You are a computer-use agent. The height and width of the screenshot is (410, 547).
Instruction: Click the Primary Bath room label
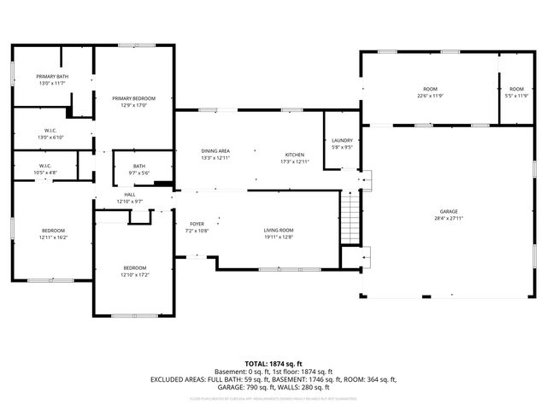(x=52, y=77)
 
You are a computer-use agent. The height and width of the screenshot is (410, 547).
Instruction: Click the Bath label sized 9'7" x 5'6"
(x=138, y=166)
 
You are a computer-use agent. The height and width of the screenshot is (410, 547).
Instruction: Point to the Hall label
(x=130, y=195)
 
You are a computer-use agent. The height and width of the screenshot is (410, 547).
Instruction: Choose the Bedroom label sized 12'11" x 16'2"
(x=53, y=231)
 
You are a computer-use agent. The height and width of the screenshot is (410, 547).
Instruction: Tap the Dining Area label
(x=215, y=150)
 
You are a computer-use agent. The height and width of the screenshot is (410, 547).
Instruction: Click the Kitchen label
(x=293, y=155)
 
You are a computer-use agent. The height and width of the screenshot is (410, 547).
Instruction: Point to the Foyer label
(x=197, y=225)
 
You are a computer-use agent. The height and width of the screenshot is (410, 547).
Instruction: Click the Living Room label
(x=278, y=230)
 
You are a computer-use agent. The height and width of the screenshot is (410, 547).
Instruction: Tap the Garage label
(x=449, y=211)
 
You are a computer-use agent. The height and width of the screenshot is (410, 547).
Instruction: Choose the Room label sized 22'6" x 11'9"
(x=430, y=90)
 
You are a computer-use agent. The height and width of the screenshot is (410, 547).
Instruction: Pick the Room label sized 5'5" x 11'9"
(x=516, y=90)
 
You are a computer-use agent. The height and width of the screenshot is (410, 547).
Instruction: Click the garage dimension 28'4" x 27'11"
(x=449, y=217)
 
